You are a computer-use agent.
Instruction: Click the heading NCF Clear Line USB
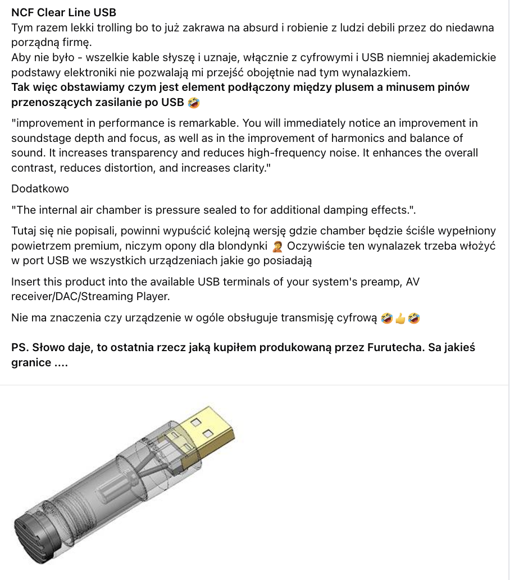pos(63,13)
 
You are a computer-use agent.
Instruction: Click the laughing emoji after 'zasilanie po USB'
pos(193,103)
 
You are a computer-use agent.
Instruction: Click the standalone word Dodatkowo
pos(40,188)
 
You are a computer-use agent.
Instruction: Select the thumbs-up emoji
pos(400,318)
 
